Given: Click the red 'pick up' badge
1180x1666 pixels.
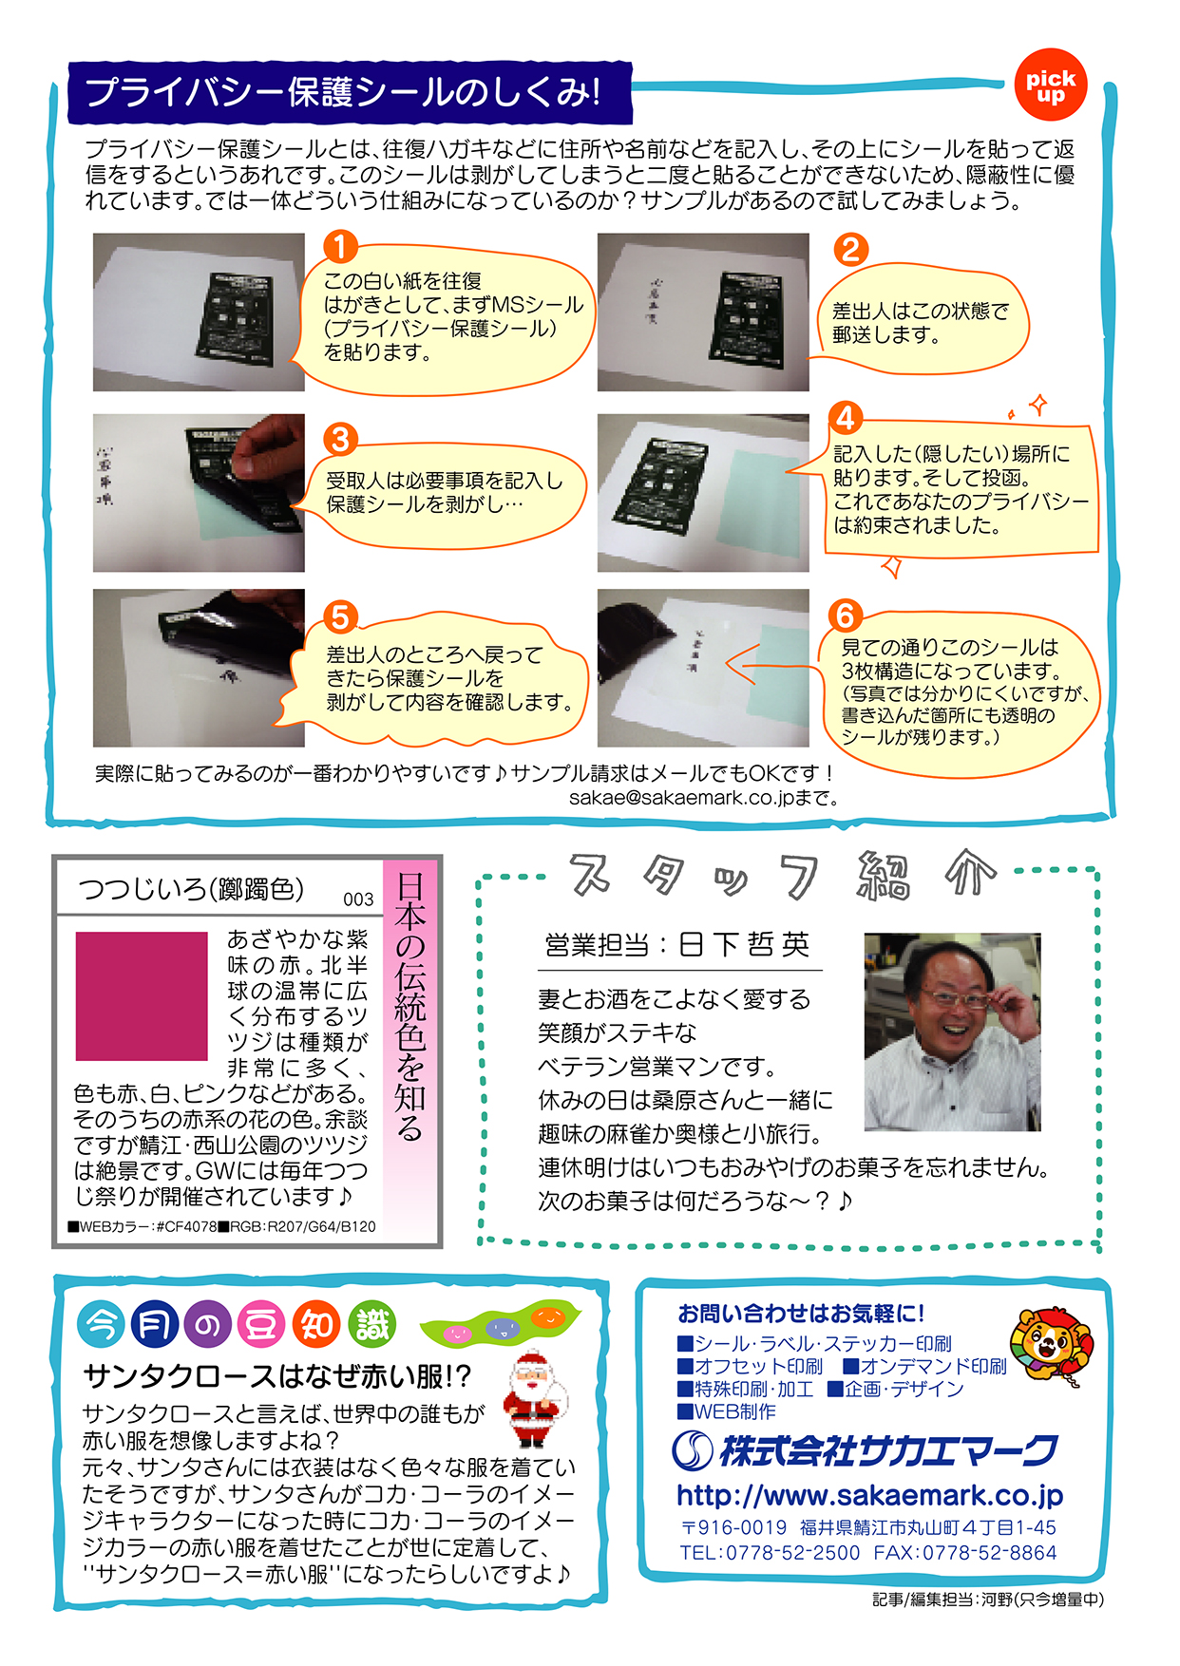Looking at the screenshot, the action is pyautogui.click(x=1050, y=85).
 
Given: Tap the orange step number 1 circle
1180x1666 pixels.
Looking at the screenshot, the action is pyautogui.click(x=340, y=247).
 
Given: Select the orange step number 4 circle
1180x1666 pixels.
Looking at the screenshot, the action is pyautogui.click(x=845, y=418).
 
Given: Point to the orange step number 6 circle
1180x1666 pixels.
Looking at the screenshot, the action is pyautogui.click(x=845, y=615).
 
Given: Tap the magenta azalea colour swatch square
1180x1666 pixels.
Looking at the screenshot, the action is pyautogui.click(x=142, y=995).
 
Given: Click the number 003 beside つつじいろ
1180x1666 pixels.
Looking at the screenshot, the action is pyautogui.click(x=358, y=899).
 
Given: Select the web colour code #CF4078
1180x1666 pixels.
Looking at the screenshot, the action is pyautogui.click(x=186, y=1226).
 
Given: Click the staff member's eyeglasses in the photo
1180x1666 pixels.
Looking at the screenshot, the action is pyautogui.click(x=955, y=997).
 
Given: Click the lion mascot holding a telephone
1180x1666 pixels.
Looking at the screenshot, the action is pyautogui.click(x=1050, y=1347).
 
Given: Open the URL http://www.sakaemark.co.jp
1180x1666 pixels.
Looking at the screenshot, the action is pyautogui.click(x=869, y=1496).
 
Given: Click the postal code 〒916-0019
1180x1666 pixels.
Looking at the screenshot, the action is pyautogui.click(x=733, y=1527).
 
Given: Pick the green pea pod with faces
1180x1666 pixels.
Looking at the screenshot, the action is pyautogui.click(x=501, y=1321).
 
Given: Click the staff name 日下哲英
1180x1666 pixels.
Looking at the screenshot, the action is pyautogui.click(x=745, y=944).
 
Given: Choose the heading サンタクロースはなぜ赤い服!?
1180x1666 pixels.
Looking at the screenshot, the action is pyautogui.click(x=276, y=1376).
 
